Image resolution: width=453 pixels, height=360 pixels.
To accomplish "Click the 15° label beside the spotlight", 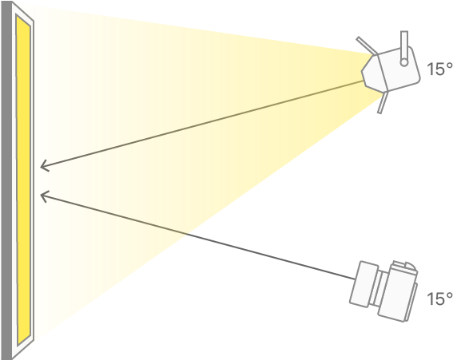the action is coord(439,69).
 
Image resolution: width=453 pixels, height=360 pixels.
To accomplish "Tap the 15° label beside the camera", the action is coord(439,299).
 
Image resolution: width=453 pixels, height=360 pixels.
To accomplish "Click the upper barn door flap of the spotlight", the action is coord(367,45).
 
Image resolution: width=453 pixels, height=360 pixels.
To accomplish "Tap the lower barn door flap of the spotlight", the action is coord(383,102).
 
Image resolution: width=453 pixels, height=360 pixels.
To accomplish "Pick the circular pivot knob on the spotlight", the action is coord(404,62).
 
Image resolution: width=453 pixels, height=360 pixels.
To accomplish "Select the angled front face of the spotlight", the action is coord(375,72).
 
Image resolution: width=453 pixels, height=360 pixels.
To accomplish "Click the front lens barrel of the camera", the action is coord(364,284).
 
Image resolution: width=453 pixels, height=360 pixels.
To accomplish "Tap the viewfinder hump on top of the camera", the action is coord(405,267).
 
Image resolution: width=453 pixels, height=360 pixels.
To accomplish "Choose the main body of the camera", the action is coord(398,292).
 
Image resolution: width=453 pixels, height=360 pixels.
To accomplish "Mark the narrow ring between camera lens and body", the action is coord(379,289).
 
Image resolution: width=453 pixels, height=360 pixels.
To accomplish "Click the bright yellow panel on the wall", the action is coord(24,180).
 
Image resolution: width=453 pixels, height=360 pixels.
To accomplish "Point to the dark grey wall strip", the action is coord(6,180).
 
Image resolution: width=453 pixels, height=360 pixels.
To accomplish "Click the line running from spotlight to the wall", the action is coord(202,124).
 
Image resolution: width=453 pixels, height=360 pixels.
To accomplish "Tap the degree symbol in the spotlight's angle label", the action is coord(449,65).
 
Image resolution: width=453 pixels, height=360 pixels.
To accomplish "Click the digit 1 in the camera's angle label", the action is coord(430,299).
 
